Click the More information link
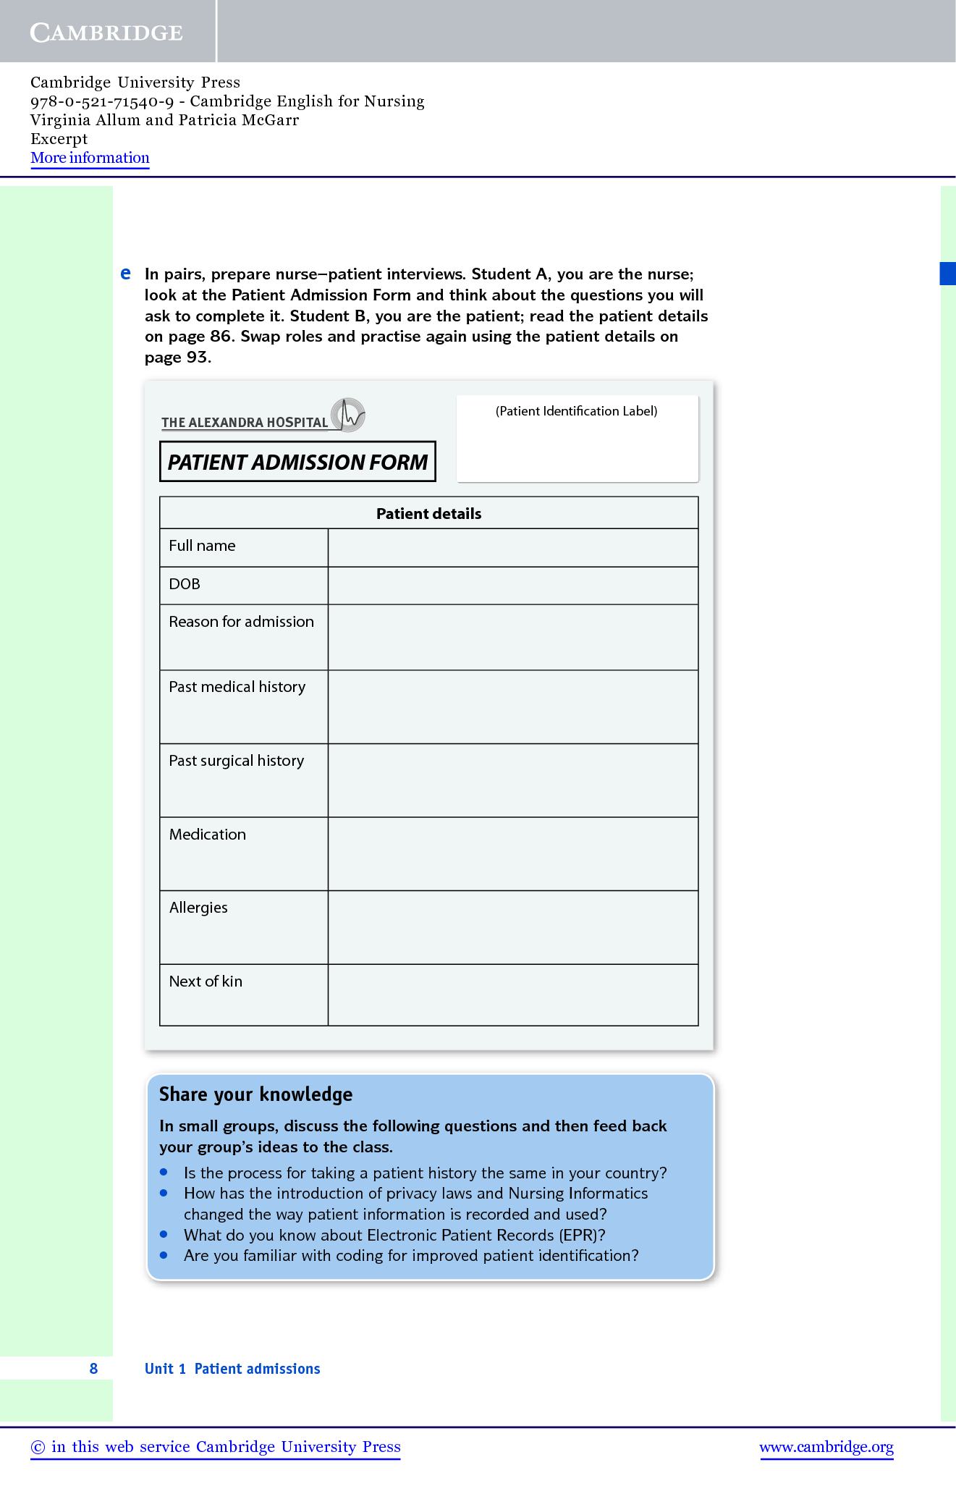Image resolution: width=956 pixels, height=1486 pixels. (90, 158)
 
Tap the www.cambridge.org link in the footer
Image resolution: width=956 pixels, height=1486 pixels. (826, 1447)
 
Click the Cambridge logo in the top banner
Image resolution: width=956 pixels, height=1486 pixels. (106, 33)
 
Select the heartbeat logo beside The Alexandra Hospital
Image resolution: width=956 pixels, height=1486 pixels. (348, 415)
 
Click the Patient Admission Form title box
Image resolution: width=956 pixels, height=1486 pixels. (297, 462)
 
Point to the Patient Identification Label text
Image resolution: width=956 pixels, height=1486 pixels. (576, 411)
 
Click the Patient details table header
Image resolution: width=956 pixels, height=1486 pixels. (428, 513)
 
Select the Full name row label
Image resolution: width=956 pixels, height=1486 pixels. (202, 546)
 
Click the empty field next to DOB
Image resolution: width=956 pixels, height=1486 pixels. (512, 585)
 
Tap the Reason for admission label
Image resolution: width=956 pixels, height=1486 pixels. (241, 622)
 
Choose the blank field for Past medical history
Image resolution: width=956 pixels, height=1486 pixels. (512, 706)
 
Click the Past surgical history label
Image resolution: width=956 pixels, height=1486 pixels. (236, 761)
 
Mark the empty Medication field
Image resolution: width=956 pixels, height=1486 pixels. (512, 853)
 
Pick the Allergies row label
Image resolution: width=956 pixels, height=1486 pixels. (198, 908)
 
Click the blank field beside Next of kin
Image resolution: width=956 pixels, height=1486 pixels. (512, 995)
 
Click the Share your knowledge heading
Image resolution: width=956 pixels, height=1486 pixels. (255, 1094)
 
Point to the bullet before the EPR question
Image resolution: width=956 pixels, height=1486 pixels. (164, 1234)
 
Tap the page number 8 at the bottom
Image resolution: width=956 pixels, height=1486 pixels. (93, 1368)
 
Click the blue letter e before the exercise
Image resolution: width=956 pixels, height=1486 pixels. (125, 274)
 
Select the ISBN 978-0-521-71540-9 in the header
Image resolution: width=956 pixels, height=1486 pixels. (102, 101)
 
